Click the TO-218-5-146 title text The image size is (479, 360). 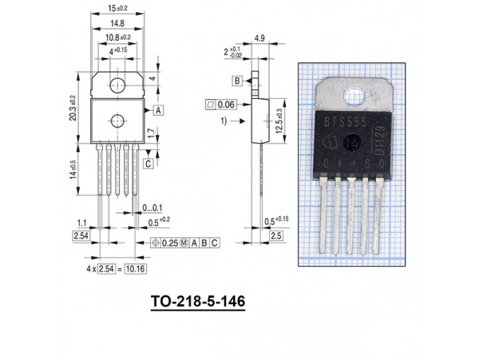pyautogui.click(x=196, y=303)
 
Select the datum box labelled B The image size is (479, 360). pyautogui.click(x=238, y=81)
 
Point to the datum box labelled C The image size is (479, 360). pyautogui.click(x=149, y=163)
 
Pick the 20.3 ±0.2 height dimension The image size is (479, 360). pyautogui.click(x=73, y=108)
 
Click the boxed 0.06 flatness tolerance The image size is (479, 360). pyautogui.click(x=220, y=104)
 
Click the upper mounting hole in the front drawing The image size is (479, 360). pyautogui.click(x=117, y=82)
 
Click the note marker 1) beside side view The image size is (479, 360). pyautogui.click(x=226, y=121)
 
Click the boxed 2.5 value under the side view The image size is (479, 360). pyautogui.click(x=275, y=237)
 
